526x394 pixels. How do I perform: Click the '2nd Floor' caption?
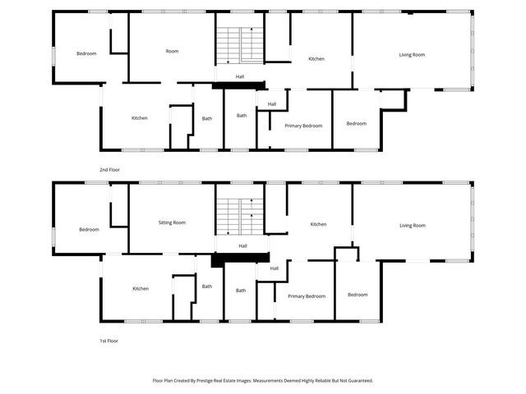tap(109, 170)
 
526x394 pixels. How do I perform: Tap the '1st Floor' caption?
tap(108, 341)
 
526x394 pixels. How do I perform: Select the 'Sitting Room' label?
tap(172, 222)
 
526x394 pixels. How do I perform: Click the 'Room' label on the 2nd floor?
tap(172, 51)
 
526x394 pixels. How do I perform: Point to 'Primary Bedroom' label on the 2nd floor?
tap(303, 126)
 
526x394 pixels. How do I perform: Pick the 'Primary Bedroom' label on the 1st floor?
tap(307, 296)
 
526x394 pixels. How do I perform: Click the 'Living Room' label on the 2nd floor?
tap(412, 55)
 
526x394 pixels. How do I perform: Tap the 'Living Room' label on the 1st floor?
tap(413, 226)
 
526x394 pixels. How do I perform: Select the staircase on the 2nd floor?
tap(240, 46)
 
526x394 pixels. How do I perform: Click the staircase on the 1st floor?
tap(240, 217)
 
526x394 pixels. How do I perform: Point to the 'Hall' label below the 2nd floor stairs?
tap(240, 76)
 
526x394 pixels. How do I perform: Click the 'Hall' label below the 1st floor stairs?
tap(243, 246)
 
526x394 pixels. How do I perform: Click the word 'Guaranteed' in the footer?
tap(360, 381)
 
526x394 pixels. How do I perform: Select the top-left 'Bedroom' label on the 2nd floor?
tap(86, 53)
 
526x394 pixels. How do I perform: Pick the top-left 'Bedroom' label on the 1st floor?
tap(89, 230)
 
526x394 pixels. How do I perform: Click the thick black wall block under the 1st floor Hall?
tap(240, 259)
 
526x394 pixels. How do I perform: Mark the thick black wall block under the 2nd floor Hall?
tap(239, 85)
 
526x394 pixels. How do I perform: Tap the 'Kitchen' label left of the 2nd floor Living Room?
tap(316, 59)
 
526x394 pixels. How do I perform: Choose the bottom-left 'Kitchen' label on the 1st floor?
tap(141, 289)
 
